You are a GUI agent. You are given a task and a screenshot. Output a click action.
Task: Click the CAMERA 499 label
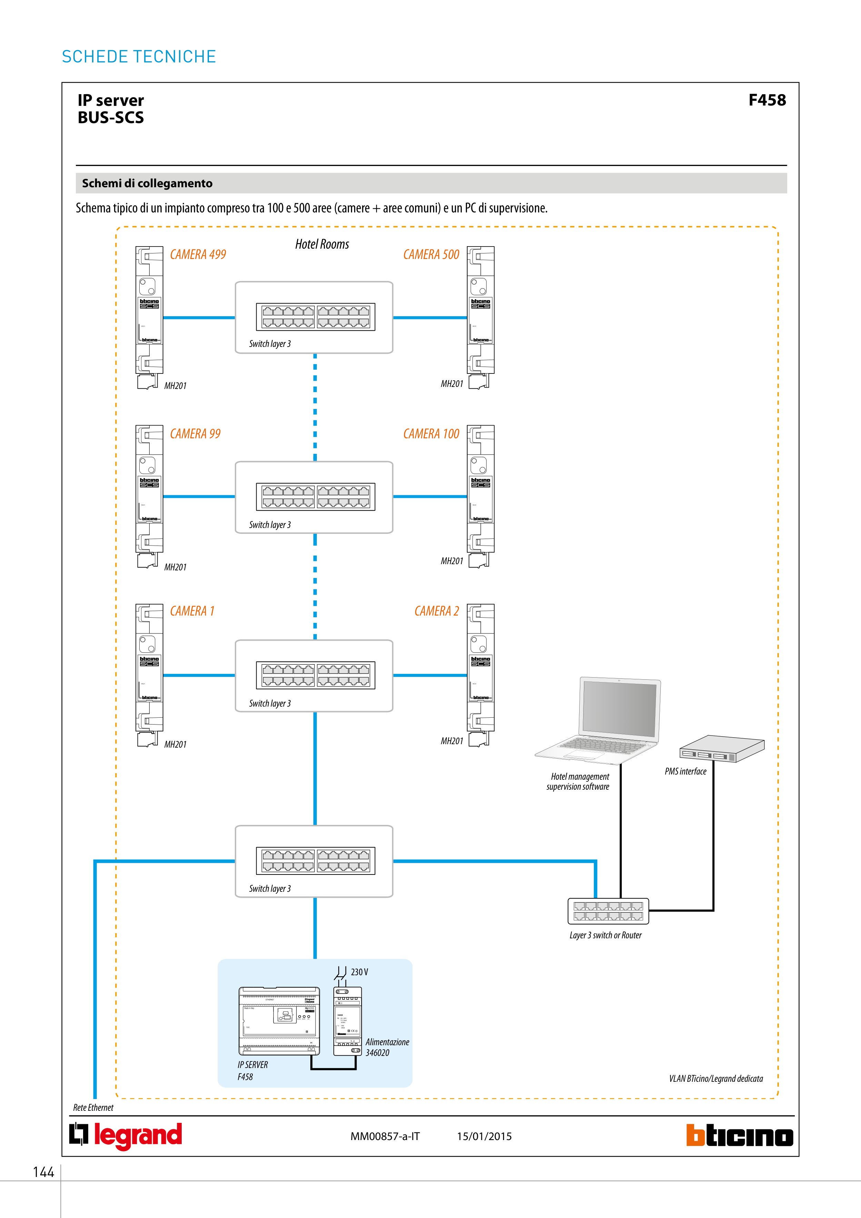pos(198,254)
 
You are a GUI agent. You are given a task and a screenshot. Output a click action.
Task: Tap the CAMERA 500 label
pos(431,254)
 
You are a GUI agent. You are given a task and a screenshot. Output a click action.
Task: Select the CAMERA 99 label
pos(195,434)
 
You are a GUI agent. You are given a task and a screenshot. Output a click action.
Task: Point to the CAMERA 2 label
pos(436,611)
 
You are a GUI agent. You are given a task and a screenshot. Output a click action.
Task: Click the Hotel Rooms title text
pos(322,244)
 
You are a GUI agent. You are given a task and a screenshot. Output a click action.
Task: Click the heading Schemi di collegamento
pos(147,183)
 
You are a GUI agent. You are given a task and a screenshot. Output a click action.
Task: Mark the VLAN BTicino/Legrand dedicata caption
pos(715,1078)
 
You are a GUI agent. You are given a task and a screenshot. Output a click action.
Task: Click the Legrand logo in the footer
pos(126,1135)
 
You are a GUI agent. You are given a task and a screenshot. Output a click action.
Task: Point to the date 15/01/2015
pos(484,1136)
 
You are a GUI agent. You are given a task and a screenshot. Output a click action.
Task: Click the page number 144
pos(43,1172)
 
